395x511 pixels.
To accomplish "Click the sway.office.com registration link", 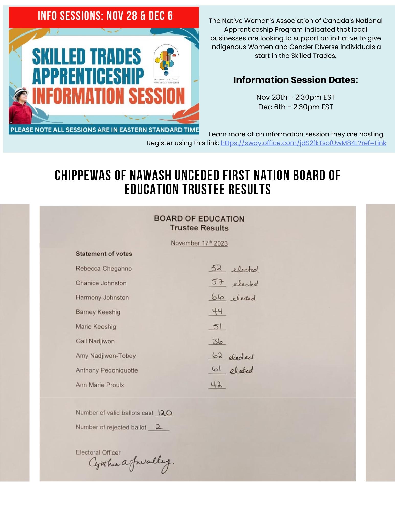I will (x=303, y=143).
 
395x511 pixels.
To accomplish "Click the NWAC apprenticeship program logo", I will (x=166, y=64).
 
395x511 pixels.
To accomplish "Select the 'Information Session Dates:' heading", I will (x=296, y=80).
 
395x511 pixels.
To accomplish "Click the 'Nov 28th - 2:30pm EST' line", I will (x=296, y=97).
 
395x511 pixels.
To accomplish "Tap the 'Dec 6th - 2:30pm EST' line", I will (x=296, y=107).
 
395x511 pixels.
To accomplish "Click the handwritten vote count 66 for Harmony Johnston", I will (x=218, y=297).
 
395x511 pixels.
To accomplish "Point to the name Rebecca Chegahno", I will (x=104, y=269).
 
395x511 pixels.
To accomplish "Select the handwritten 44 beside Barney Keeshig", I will (x=217, y=311).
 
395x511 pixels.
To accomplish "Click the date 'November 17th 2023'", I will (x=199, y=243).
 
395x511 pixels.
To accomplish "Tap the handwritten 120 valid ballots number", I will (x=165, y=413).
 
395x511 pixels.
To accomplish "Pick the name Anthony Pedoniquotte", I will (x=107, y=370).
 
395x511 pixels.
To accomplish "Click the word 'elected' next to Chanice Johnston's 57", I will (x=245, y=283).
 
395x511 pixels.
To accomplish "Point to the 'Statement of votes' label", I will (x=104, y=254).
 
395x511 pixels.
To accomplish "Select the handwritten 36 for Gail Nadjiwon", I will (x=218, y=341).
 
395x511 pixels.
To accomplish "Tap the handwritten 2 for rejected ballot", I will (x=159, y=427).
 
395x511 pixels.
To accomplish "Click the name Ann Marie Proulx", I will (x=100, y=385).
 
